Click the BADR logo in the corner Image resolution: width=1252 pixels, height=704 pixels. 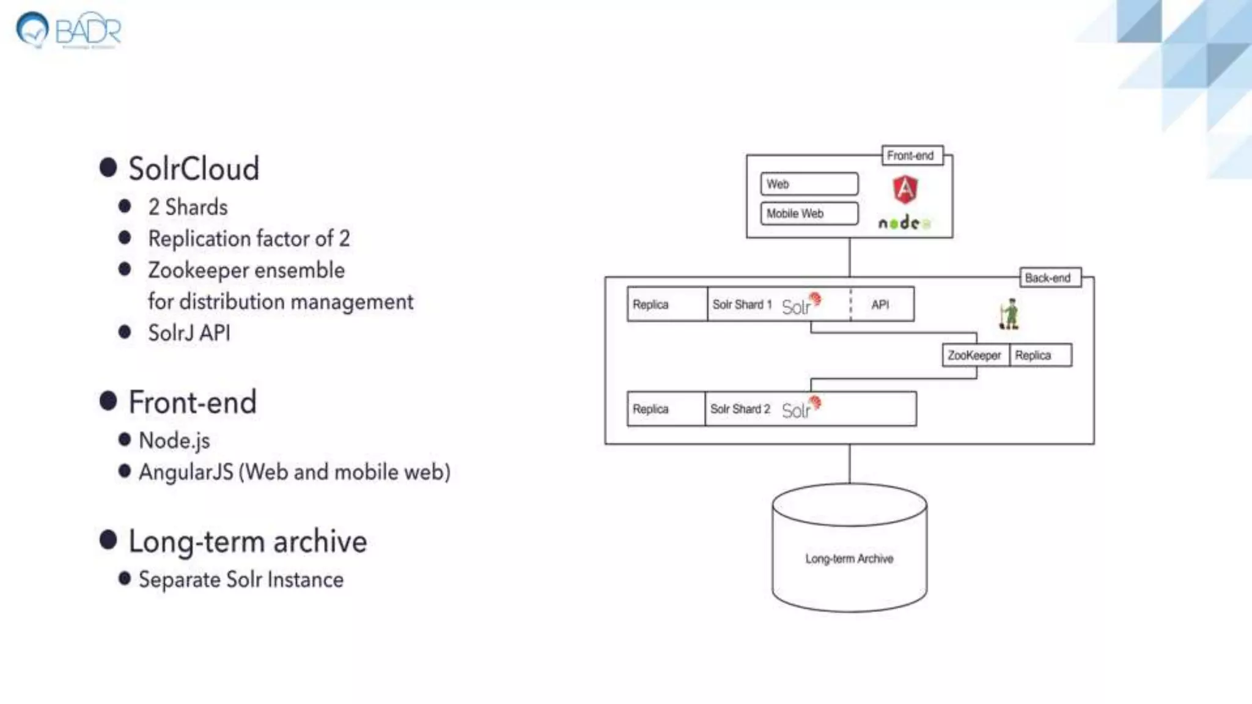(x=68, y=29)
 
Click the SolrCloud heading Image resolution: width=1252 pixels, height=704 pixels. (x=193, y=169)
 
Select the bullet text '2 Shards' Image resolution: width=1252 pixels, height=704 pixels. (x=188, y=207)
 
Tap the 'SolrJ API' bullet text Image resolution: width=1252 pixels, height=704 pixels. (x=189, y=333)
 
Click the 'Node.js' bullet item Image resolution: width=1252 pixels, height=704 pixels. (x=174, y=441)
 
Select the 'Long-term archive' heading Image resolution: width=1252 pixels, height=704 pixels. (x=247, y=541)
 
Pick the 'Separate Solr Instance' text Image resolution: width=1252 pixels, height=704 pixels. (x=241, y=579)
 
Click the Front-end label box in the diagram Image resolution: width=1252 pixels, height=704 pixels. (x=911, y=156)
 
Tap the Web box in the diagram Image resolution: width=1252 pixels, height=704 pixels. (x=809, y=184)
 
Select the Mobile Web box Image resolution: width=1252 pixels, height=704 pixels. (x=809, y=213)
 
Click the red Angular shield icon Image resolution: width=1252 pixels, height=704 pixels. (x=905, y=189)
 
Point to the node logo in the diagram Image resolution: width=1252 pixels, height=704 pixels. (x=904, y=223)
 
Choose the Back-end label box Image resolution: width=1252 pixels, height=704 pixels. (x=1049, y=278)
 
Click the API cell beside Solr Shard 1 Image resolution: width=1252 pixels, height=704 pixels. (x=881, y=304)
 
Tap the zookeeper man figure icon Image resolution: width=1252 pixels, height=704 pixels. (x=1009, y=314)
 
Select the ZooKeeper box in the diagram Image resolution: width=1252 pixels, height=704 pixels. (x=974, y=355)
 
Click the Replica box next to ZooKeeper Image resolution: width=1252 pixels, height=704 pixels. (x=1039, y=355)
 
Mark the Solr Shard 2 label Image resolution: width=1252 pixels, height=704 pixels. (x=740, y=409)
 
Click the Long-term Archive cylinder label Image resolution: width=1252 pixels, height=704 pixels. (x=849, y=559)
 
